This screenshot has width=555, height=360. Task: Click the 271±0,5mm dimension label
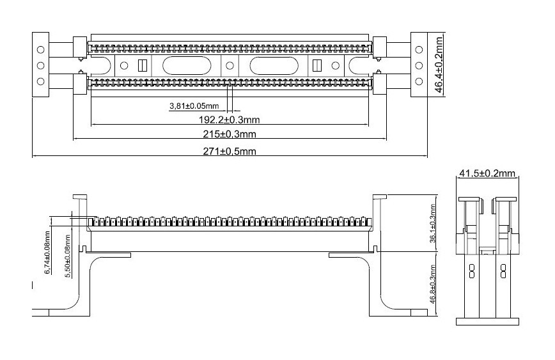click(230, 151)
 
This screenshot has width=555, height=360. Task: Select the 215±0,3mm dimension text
click(230, 134)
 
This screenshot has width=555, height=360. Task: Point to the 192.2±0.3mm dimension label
click(230, 120)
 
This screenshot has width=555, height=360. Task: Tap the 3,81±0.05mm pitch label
click(194, 106)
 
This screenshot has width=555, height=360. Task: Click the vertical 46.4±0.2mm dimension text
click(439, 65)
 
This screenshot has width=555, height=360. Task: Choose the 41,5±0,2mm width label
click(487, 173)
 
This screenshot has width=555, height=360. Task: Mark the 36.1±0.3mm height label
click(432, 223)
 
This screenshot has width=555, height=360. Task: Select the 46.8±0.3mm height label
click(432, 285)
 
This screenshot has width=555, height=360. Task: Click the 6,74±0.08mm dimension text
click(47, 253)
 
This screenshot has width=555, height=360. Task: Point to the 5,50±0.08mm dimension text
click(68, 255)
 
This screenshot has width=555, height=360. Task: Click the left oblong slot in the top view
click(187, 65)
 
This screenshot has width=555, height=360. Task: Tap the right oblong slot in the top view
click(274, 65)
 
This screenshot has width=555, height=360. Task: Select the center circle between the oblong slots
click(230, 65)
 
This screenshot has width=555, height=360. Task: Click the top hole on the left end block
click(41, 50)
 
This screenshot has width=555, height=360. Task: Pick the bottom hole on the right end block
click(419, 81)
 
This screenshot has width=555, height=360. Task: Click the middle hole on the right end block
click(419, 65)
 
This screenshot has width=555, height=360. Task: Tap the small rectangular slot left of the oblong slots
click(142, 65)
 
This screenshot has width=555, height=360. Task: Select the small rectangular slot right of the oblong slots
click(317, 65)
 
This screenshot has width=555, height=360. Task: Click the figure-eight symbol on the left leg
click(471, 270)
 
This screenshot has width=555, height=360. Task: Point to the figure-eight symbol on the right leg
click(503, 270)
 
